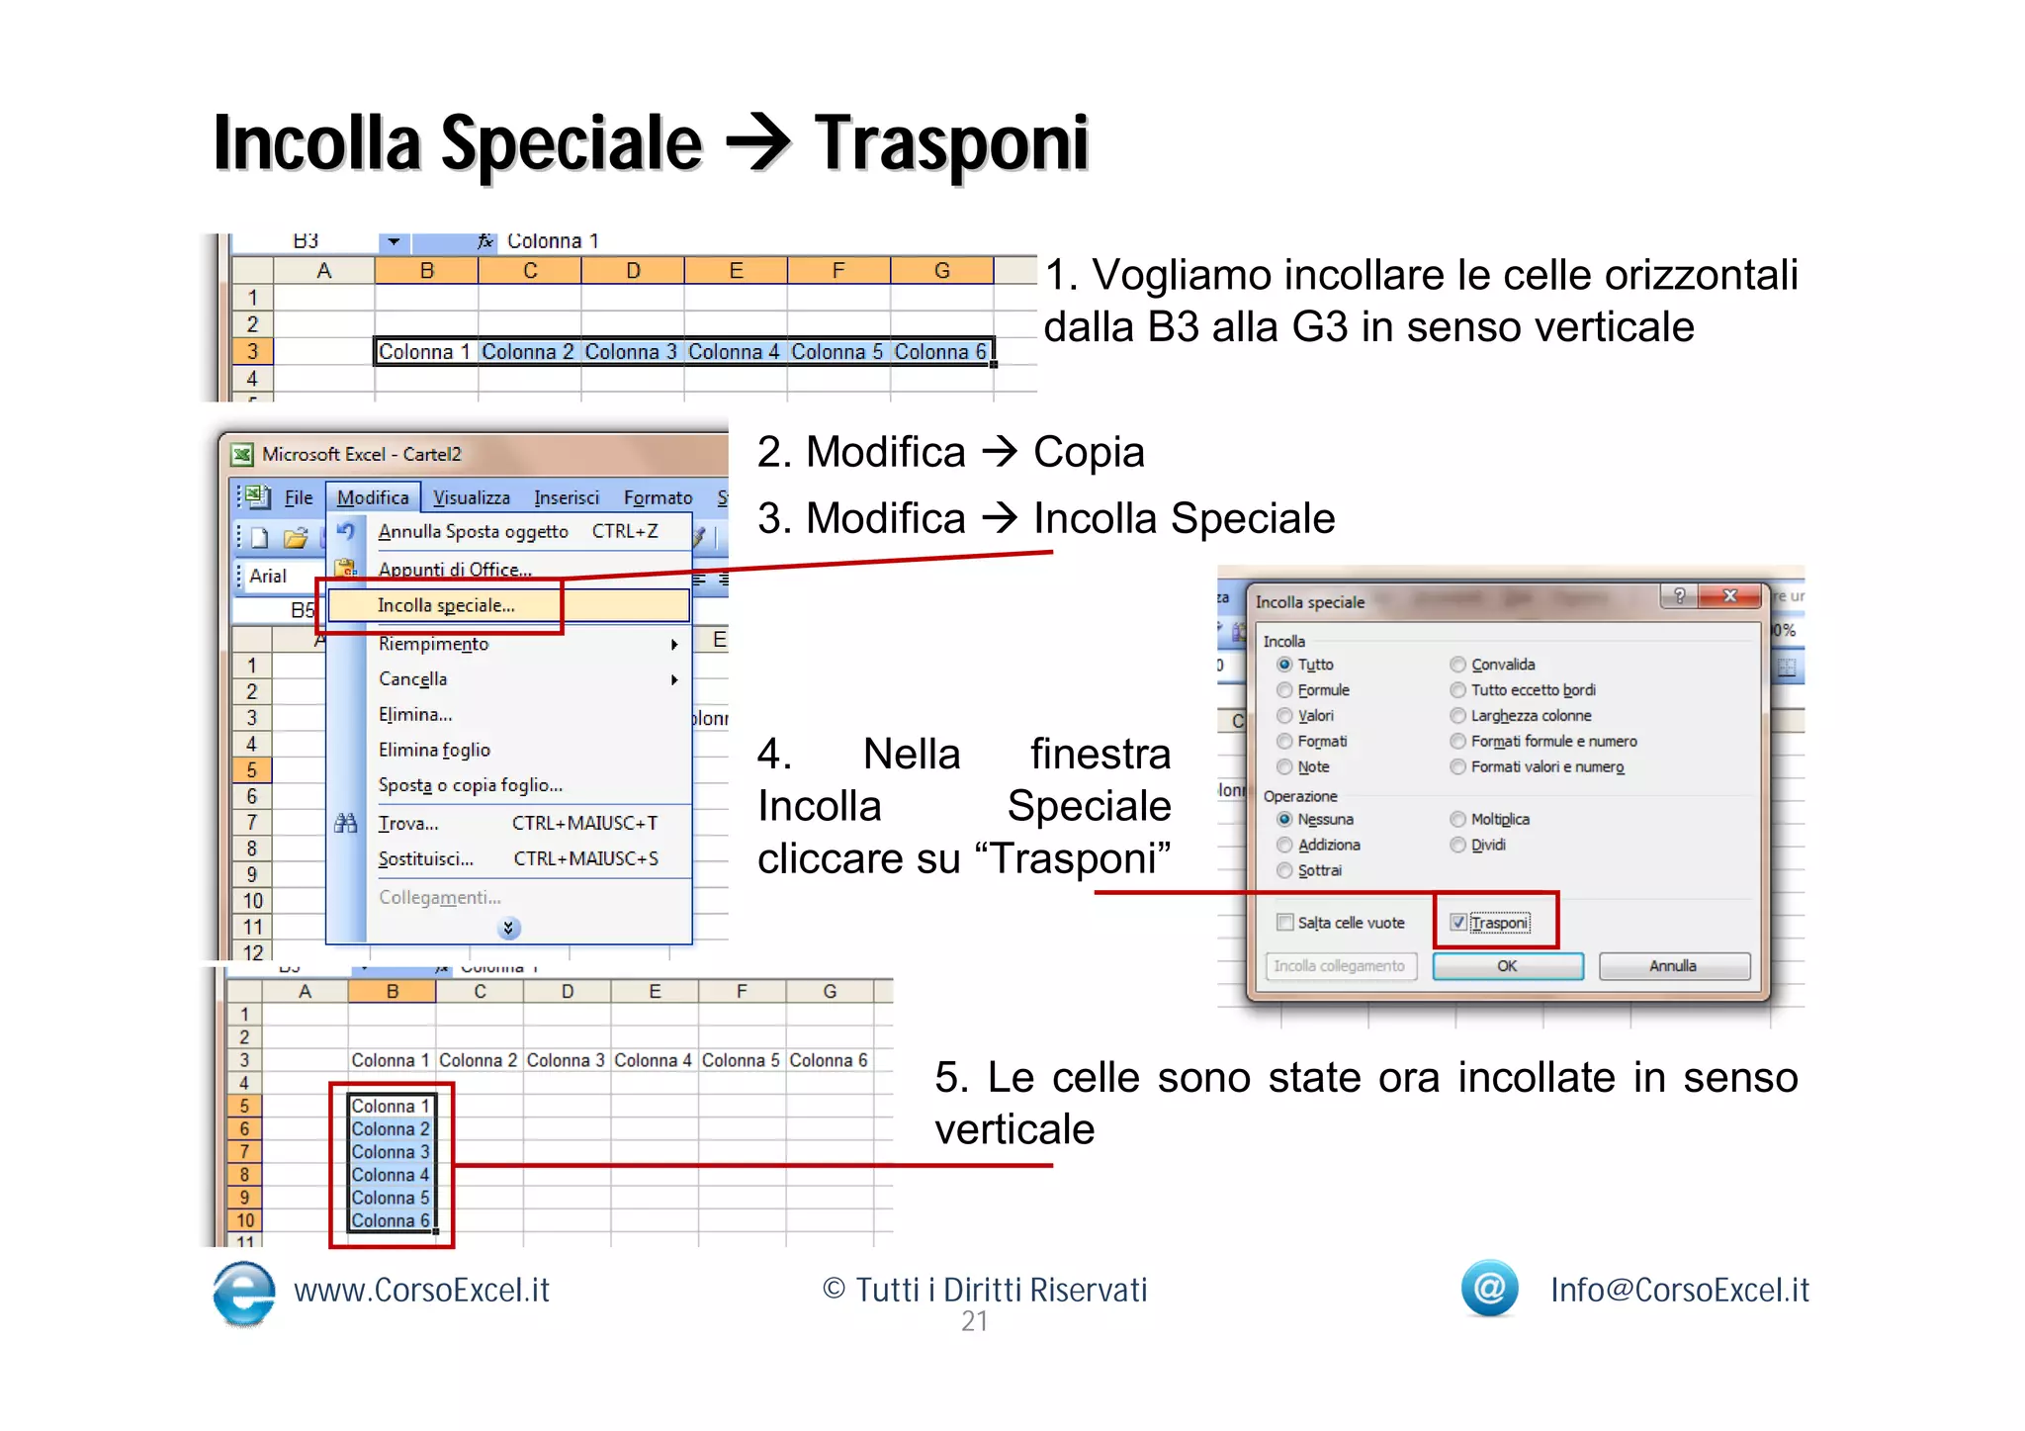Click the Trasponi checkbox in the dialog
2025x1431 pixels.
coord(1457,923)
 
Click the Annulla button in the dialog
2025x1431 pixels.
coord(1673,966)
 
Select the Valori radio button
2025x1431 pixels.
coord(1284,716)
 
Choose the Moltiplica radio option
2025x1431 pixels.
coord(1457,819)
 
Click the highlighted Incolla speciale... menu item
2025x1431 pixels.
coord(446,605)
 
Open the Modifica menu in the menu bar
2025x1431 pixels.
coord(373,497)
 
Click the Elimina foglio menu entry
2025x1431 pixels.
coord(434,750)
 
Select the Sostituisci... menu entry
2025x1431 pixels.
coord(425,858)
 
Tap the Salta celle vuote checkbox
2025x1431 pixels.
coord(1284,923)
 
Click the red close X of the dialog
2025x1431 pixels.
coord(1729,595)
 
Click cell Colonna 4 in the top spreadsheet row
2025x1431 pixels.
coord(734,352)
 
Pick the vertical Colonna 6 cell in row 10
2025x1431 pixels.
coord(391,1220)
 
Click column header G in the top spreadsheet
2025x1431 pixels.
coord(941,271)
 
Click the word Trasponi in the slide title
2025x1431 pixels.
coord(950,144)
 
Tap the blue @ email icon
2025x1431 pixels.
coord(1489,1288)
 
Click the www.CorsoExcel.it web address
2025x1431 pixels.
coord(421,1290)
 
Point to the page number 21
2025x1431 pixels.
coord(974,1321)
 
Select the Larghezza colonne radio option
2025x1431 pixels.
coord(1457,716)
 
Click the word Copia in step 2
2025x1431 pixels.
coord(1088,452)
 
